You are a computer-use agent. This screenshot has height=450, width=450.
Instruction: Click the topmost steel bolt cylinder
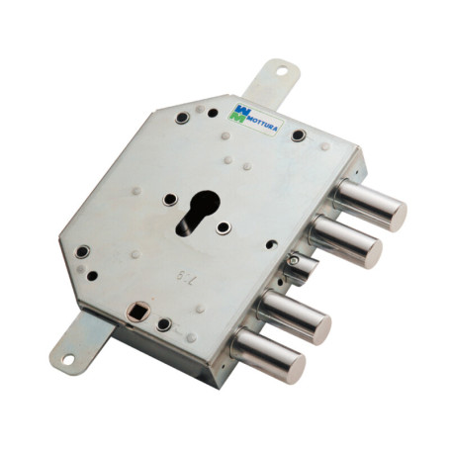(370, 204)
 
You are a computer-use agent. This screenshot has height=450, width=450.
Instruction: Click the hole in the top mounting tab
(280, 71)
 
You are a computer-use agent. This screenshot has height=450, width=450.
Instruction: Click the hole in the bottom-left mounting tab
(68, 358)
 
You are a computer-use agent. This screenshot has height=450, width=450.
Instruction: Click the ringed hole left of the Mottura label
(182, 119)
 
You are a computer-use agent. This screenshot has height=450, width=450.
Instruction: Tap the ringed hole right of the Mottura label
(298, 135)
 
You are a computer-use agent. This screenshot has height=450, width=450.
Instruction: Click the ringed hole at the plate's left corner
(82, 251)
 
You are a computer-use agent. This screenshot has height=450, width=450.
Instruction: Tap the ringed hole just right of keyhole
(225, 227)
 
